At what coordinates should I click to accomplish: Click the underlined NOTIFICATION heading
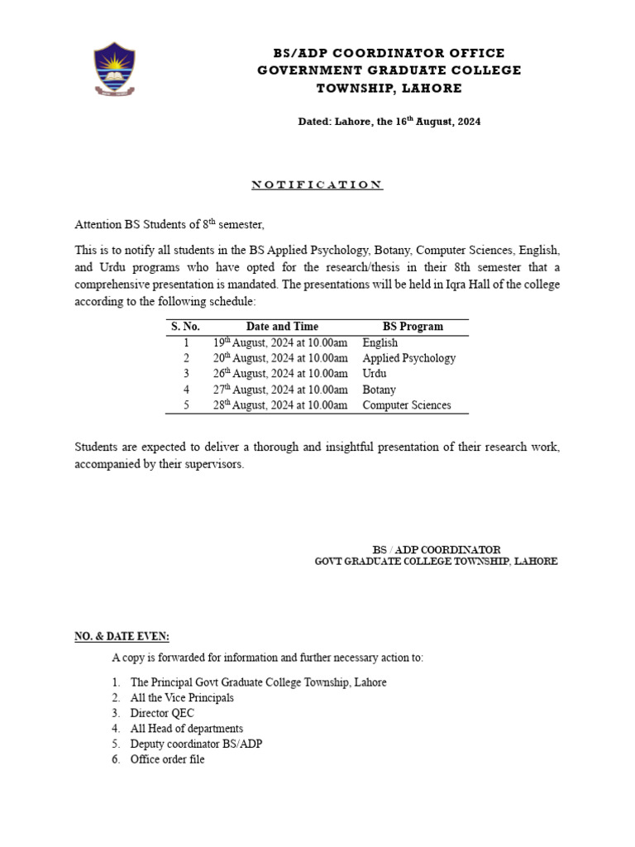[x=317, y=184]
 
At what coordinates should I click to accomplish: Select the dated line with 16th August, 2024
[x=389, y=122]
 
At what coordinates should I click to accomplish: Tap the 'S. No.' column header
[x=186, y=327]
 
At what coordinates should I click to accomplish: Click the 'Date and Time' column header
[x=281, y=327]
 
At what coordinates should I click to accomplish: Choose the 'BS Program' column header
[x=413, y=327]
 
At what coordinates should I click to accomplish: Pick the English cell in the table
[x=380, y=342]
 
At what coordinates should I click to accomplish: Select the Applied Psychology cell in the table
[x=408, y=358]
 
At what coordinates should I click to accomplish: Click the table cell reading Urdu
[x=375, y=374]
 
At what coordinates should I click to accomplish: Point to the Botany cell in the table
[x=379, y=390]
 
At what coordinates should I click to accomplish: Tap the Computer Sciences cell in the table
[x=406, y=405]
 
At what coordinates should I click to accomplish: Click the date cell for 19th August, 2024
[x=280, y=342]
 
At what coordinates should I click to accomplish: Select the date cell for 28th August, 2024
[x=280, y=405]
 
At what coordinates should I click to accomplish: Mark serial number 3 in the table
[x=186, y=374]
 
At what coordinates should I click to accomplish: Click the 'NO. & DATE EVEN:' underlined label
[x=122, y=636]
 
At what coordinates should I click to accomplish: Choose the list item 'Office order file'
[x=167, y=759]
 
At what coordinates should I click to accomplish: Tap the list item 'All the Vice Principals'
[x=182, y=698]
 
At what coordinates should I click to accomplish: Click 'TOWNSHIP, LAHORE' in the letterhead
[x=389, y=89]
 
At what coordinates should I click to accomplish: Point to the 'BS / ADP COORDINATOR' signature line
[x=436, y=549]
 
